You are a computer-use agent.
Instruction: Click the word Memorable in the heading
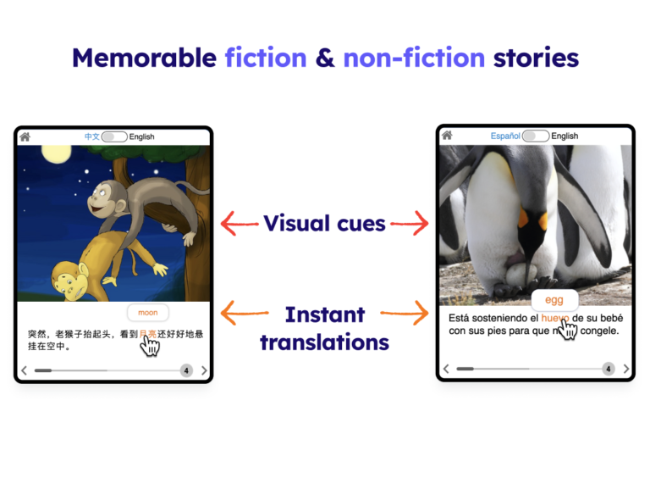point(144,58)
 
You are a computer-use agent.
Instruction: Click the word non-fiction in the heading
point(414,58)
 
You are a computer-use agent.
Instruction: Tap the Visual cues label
point(324,224)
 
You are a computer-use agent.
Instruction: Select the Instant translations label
point(324,328)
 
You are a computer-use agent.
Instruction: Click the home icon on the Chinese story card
point(25,136)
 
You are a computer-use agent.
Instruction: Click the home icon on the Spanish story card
point(447,135)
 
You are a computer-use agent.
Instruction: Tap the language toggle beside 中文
point(114,136)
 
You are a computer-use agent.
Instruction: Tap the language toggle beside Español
point(536,136)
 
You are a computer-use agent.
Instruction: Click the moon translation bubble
point(148,313)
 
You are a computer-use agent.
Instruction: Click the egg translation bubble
point(554,300)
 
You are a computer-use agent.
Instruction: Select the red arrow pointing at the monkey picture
point(239,224)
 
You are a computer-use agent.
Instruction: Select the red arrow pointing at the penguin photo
point(410,224)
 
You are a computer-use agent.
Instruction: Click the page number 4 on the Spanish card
point(608,369)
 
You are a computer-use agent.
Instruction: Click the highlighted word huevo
point(555,319)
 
